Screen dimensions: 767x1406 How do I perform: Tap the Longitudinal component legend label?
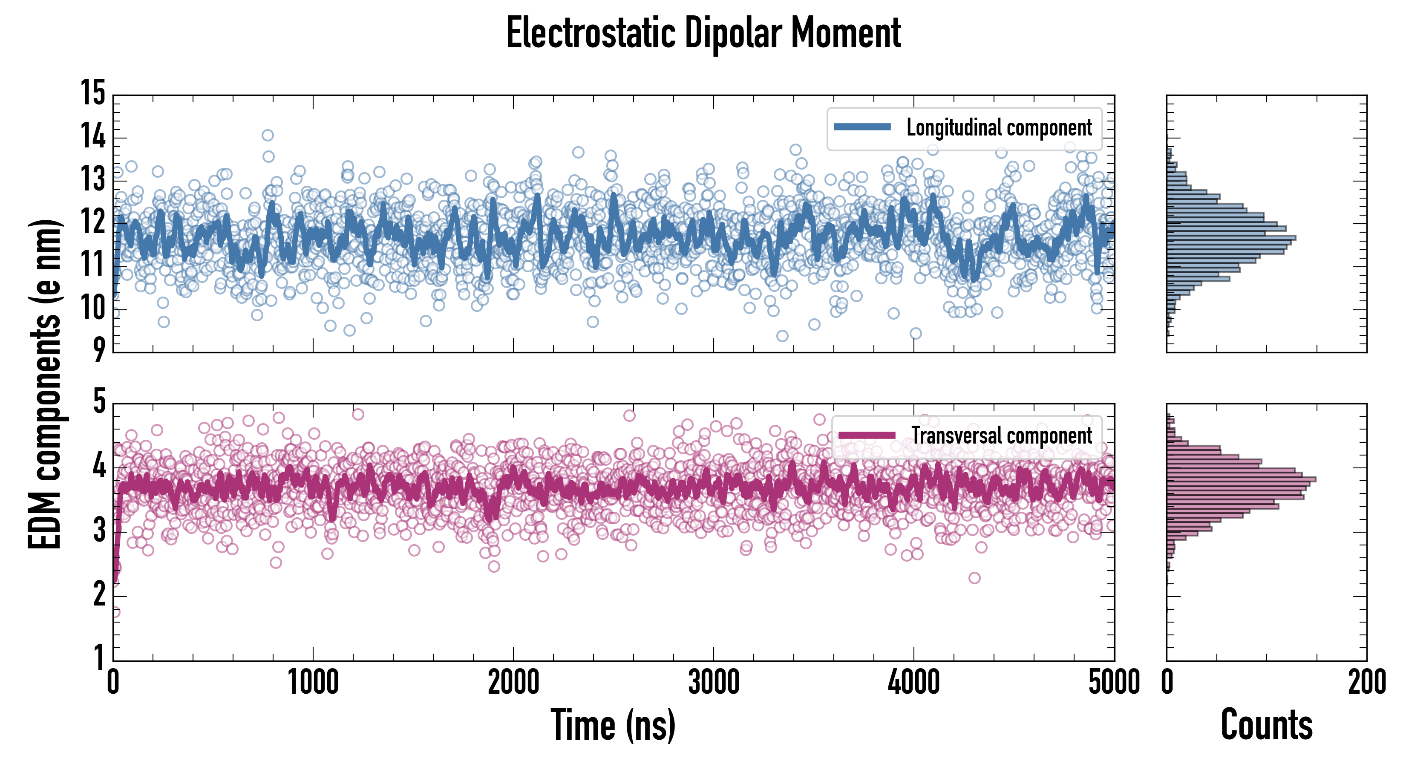coord(999,128)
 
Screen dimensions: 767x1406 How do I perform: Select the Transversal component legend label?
coord(1002,435)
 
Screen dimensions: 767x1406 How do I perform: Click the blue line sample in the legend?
coord(862,127)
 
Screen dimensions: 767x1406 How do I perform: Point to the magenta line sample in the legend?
coord(867,435)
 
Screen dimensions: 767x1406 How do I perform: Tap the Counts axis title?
coord(1266,725)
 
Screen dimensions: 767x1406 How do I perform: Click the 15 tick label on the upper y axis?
coord(93,93)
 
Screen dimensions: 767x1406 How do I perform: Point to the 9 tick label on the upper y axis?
coord(98,350)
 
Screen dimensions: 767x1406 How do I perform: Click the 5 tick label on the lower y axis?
coord(99,402)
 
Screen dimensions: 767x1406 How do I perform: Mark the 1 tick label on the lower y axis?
coord(99,658)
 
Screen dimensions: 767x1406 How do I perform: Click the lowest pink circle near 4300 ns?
coord(974,577)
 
